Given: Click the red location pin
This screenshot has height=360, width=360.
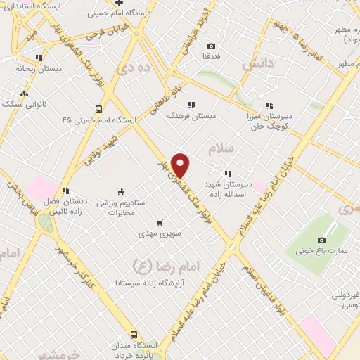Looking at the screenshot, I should point(181,165).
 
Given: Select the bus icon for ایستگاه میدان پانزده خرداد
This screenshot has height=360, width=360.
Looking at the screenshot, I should point(134,335).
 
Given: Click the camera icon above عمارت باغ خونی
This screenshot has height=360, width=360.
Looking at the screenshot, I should point(322,240).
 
